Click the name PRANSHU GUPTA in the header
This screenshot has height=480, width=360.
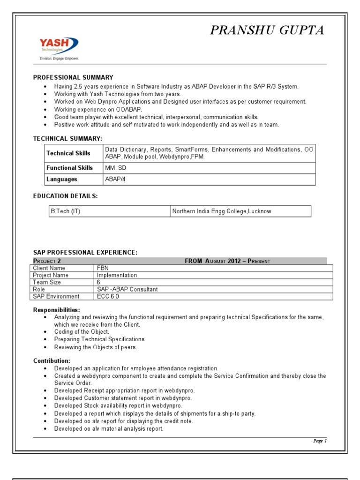pyautogui.click(x=267, y=30)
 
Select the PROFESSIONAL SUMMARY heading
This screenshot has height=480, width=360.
pyautogui.click(x=73, y=77)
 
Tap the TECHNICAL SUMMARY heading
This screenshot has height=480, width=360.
pyautogui.click(x=67, y=139)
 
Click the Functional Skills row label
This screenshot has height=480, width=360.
pyautogui.click(x=69, y=168)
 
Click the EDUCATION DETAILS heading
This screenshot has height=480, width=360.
pyautogui.click(x=65, y=196)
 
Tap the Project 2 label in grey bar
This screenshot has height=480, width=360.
pyautogui.click(x=47, y=261)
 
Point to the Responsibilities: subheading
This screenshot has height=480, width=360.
pyautogui.click(x=56, y=310)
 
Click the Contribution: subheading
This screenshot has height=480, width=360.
pyautogui.click(x=52, y=361)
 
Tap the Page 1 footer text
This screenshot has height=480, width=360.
pyautogui.click(x=320, y=441)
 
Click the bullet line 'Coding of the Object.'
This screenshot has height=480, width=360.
pyautogui.click(x=82, y=332)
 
